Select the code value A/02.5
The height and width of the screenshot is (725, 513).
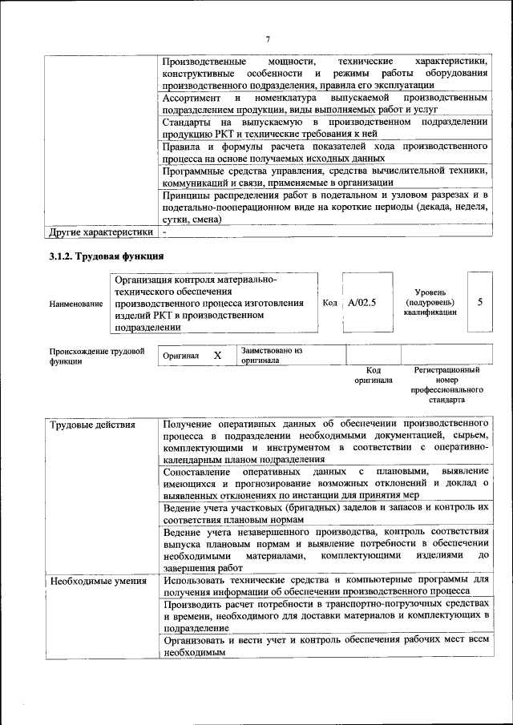362,303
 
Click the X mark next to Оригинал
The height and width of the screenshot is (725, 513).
216,355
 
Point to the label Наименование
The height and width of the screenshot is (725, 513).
76,304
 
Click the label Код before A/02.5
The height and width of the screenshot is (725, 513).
329,303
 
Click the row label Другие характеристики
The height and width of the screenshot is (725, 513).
100,232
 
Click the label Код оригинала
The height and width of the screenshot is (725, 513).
373,375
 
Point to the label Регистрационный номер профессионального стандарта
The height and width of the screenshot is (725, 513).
446,384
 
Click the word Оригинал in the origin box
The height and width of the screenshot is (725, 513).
180,356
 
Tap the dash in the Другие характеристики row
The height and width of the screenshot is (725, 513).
164,232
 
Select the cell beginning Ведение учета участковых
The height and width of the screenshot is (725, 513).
325,514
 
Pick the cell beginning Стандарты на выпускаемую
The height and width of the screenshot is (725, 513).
324,127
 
